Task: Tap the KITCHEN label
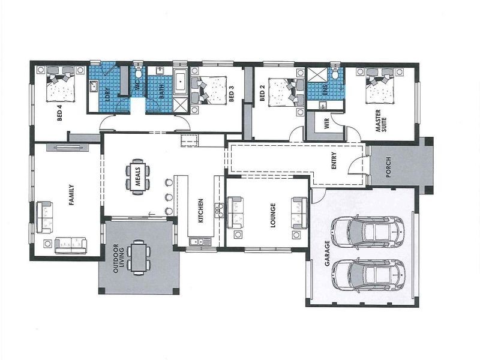[x=200, y=211]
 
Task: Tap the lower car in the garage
[x=367, y=274]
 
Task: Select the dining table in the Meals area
[x=137, y=176]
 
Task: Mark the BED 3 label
[x=231, y=95]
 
